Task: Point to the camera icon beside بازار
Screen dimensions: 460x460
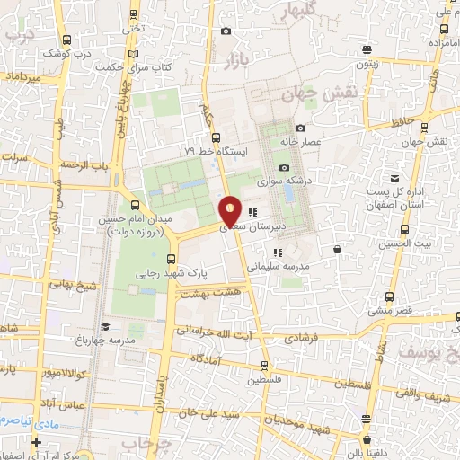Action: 225,31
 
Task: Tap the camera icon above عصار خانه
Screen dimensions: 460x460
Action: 299,128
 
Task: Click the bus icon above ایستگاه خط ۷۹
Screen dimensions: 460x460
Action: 215,137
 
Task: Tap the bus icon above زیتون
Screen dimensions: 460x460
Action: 367,50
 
